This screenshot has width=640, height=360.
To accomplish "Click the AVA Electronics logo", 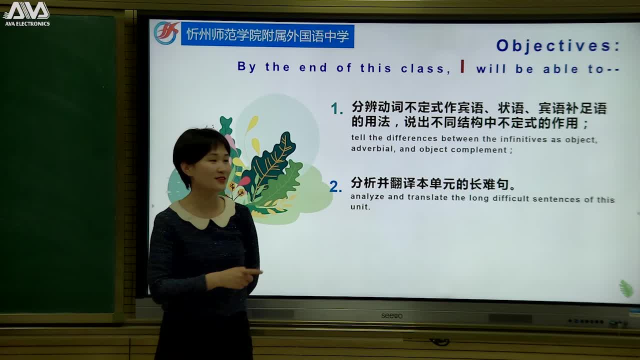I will click(x=26, y=13).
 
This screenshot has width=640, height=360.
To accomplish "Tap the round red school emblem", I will click(x=166, y=33).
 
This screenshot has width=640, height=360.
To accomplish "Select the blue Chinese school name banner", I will click(x=267, y=35).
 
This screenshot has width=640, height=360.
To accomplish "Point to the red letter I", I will click(x=462, y=66).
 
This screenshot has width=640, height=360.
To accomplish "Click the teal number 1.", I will click(x=337, y=109).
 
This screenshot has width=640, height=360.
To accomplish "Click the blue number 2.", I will click(x=335, y=187).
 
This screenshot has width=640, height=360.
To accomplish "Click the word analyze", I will click(x=367, y=197).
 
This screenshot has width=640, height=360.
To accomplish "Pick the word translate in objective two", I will click(x=428, y=197).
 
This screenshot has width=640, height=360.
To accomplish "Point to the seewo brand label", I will click(x=391, y=315).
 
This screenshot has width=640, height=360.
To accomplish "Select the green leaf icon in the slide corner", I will click(x=625, y=288).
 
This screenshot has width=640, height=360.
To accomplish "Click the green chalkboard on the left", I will click(x=57, y=165).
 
